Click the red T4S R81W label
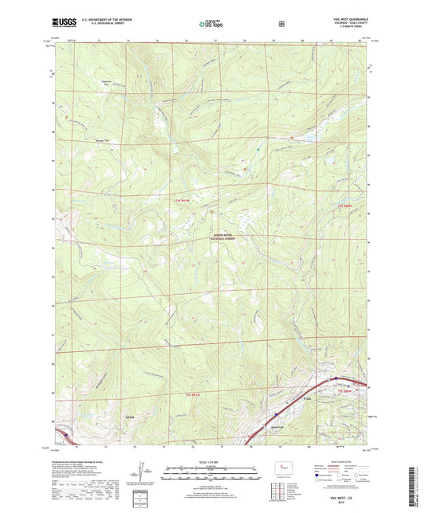(183, 202)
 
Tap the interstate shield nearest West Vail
(276, 415)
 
